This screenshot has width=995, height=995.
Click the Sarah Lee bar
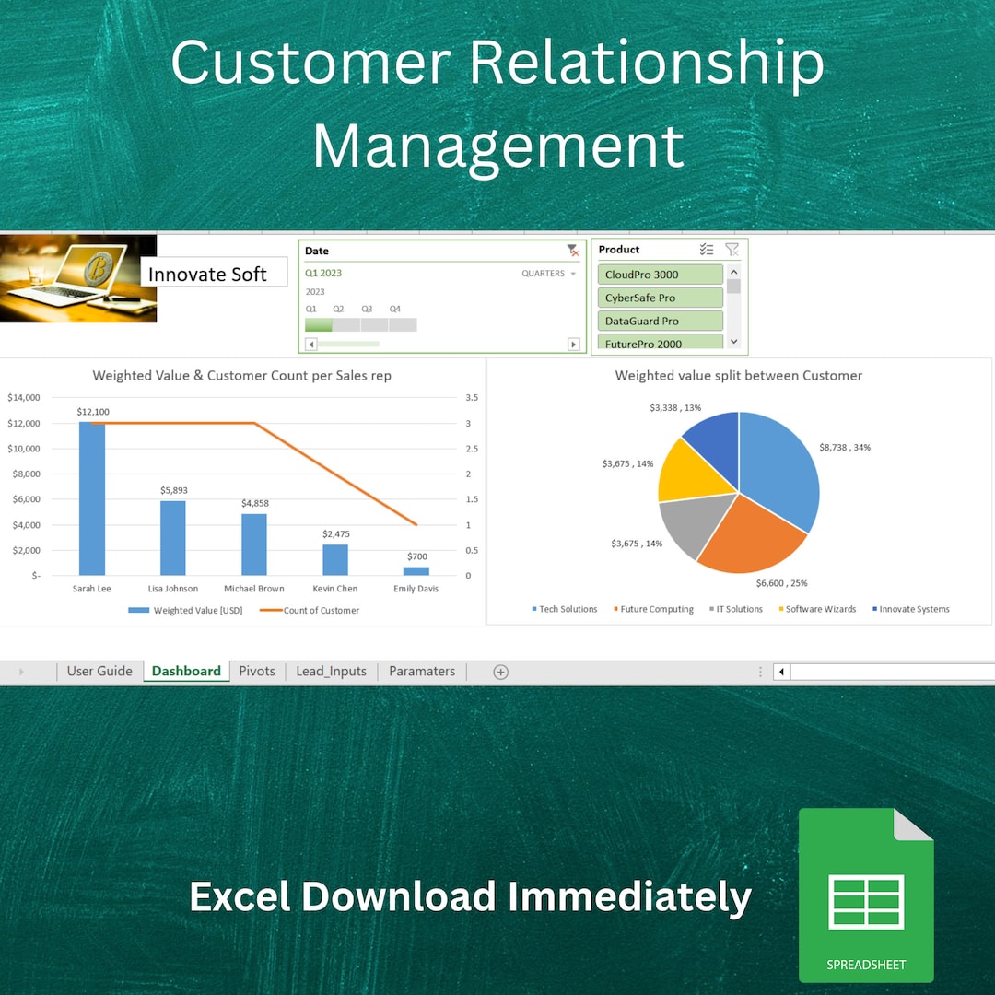92,498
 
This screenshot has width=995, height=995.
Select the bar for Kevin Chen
335,559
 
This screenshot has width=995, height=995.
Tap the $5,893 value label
173,490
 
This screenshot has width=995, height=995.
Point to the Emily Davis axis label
416,589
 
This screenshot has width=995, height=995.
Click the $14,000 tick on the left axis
23,398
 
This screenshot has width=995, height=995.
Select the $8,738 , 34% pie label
844,448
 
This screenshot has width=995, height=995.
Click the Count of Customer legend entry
321,611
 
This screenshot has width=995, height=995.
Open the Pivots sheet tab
257,672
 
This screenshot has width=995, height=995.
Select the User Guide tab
99,672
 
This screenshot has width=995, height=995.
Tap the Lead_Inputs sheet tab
331,672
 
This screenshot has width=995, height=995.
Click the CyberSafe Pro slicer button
660,298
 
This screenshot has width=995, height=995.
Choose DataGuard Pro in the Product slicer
660,321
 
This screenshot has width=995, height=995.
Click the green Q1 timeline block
319,325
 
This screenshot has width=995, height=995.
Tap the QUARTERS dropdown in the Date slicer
549,274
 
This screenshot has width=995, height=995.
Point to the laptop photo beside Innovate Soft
78,278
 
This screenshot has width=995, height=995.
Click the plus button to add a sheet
501,673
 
